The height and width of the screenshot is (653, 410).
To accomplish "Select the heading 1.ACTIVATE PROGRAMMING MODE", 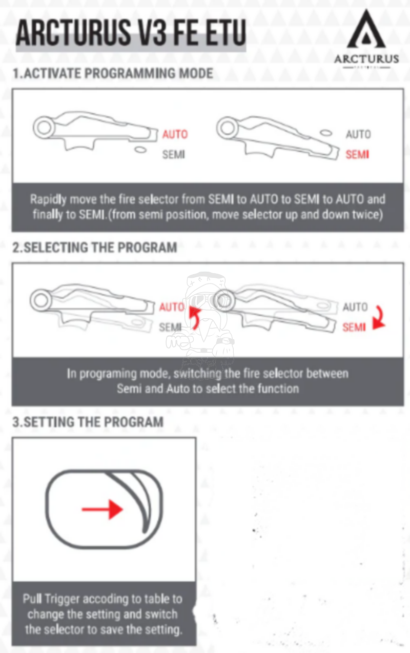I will [112, 73].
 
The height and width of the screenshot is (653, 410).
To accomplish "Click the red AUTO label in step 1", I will [175, 134].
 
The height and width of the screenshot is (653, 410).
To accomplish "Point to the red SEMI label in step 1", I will [357, 154].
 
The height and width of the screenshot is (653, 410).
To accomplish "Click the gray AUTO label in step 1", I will [358, 134].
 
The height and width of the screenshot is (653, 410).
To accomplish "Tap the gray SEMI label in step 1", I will [174, 154].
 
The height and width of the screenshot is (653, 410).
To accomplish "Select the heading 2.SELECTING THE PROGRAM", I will [94, 248].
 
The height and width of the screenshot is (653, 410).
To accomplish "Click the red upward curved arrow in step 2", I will [194, 317].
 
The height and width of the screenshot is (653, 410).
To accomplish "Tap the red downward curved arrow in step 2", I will [379, 318].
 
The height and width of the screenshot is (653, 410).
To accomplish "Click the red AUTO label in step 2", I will [171, 307].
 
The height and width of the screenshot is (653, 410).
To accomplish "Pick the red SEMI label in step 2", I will [354, 326].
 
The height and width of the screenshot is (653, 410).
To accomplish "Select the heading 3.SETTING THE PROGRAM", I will [88, 422].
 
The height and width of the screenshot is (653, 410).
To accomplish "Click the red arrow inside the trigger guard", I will [103, 509].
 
